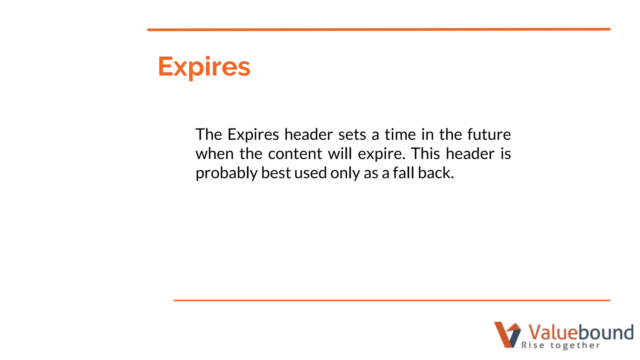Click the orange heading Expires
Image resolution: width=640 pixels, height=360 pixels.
(204, 67)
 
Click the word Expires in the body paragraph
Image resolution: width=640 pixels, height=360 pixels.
(253, 135)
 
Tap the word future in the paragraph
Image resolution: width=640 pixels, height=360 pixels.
(489, 134)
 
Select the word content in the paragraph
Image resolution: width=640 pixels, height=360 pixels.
(295, 154)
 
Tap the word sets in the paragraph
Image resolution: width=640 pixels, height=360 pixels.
(352, 135)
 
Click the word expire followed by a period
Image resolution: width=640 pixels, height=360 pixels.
(381, 154)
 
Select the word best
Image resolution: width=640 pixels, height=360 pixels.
(276, 173)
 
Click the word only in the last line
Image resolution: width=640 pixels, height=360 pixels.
(345, 173)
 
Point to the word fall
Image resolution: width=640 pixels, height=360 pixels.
(403, 173)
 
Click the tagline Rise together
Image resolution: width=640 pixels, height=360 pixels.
(560, 345)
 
